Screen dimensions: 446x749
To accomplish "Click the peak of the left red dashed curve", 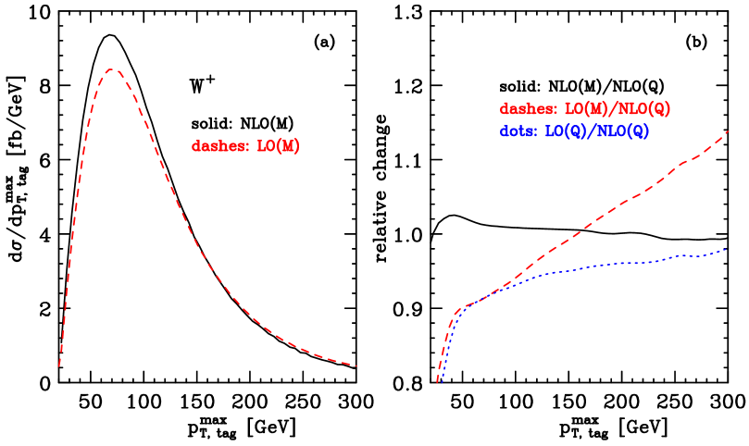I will coord(112,69).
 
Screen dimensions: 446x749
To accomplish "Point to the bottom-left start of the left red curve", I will coord(59,366).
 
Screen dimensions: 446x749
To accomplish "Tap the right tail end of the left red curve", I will coord(356,365).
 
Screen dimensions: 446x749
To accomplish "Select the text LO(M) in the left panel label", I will coord(278,146).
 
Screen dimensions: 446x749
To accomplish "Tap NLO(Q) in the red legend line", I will coord(643,109).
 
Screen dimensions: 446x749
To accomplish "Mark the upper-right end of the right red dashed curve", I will coord(729,131).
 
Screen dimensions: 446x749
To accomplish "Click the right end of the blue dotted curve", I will coord(726,250).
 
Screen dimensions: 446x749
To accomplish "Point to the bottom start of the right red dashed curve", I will coord(437,381).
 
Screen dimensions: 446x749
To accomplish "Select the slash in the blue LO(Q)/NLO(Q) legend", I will coord(590,131).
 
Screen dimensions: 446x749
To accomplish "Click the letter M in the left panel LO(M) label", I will coord(286,146).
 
